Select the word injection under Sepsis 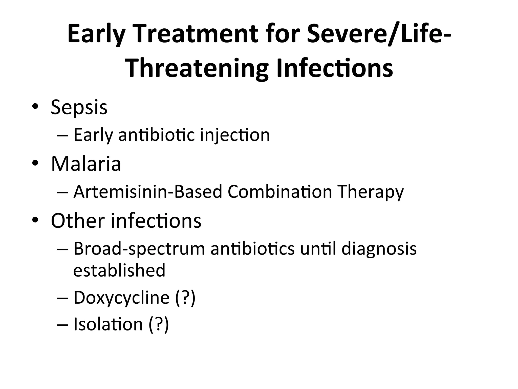(235, 135)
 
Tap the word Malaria (86, 164)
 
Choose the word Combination (280, 192)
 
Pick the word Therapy (371, 192)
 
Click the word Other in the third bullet (78, 221)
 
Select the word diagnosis (379, 249)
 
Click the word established (119, 270)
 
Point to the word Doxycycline (121, 298)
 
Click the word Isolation (108, 324)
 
